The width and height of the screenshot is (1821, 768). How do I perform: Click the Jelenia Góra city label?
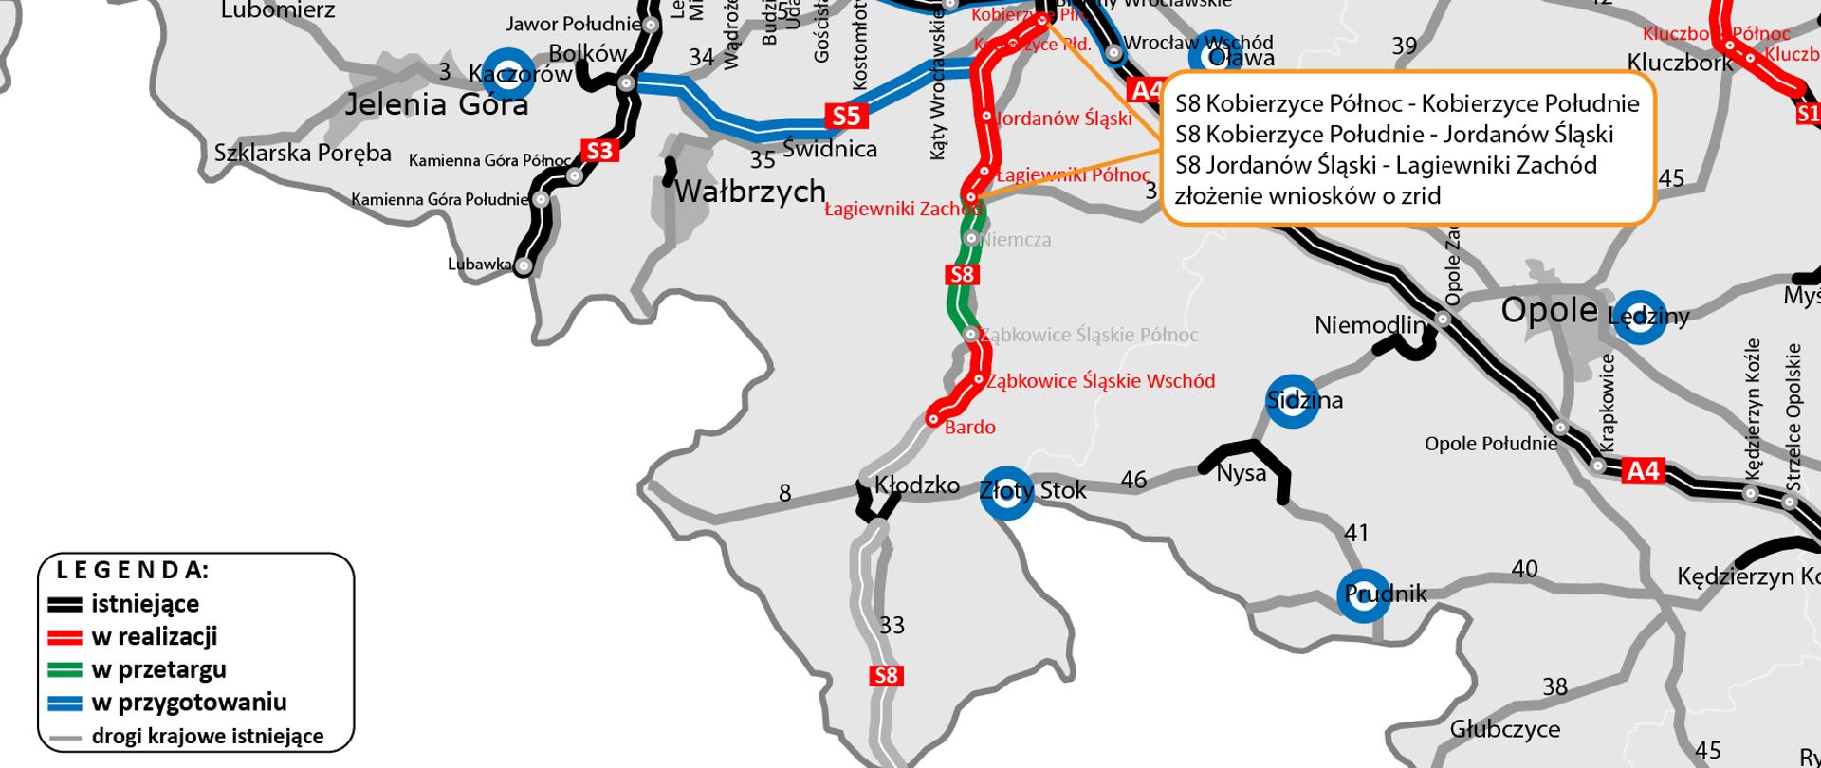(x=435, y=102)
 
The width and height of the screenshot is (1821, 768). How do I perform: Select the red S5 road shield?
(x=846, y=116)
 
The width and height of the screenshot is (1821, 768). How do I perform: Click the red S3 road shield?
(x=599, y=151)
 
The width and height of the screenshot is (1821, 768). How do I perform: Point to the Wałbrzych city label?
(x=749, y=192)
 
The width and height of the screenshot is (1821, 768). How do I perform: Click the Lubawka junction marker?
(x=524, y=267)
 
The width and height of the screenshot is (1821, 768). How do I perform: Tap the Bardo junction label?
(x=969, y=428)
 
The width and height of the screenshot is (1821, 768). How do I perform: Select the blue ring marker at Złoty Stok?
(x=1005, y=493)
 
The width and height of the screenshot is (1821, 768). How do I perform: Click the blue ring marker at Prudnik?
(x=1364, y=594)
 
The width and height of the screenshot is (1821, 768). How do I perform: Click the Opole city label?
(x=1549, y=311)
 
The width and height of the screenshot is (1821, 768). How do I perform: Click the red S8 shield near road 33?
(x=886, y=676)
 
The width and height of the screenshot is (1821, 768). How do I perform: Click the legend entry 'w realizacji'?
(x=154, y=636)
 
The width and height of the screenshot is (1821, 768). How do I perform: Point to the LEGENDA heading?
(x=132, y=571)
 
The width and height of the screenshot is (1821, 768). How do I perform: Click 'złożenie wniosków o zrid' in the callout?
(x=1307, y=196)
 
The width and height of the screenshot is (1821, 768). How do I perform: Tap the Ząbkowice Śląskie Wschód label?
(x=1100, y=381)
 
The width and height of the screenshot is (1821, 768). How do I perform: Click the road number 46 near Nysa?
(x=1133, y=480)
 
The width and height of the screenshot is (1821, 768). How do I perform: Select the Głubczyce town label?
(x=1504, y=729)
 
